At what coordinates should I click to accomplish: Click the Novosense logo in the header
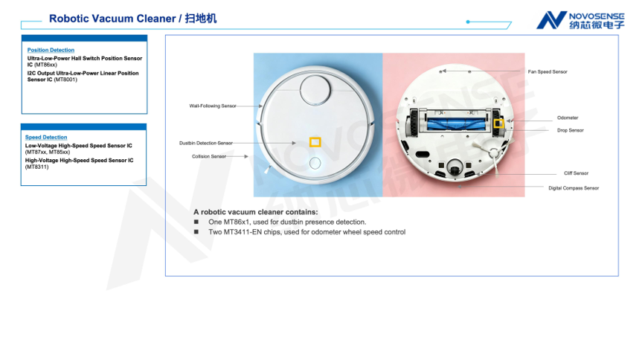click(580, 20)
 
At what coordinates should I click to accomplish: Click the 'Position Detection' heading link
click(51, 50)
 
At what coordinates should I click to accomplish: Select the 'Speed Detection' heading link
click(46, 137)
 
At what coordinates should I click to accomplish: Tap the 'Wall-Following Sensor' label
click(213, 106)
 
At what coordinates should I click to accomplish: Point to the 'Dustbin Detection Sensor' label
click(206, 144)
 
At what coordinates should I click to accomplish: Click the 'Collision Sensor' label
click(209, 156)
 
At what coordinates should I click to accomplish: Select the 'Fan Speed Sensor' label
click(548, 71)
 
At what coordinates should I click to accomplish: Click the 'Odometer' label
click(568, 118)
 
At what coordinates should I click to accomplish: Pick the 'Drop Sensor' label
click(571, 130)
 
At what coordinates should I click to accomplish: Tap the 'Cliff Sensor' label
click(576, 173)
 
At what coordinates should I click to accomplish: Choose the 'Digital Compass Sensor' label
click(574, 188)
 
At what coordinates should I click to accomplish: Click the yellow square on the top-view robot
click(315, 142)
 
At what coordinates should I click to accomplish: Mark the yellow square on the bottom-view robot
click(498, 123)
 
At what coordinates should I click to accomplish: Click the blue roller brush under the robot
click(457, 123)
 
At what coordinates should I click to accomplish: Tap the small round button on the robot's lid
click(315, 164)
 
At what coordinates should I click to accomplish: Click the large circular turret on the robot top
click(315, 90)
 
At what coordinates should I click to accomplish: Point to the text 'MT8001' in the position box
click(65, 80)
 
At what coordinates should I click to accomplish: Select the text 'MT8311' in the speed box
click(37, 167)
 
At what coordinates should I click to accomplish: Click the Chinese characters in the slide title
click(201, 19)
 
